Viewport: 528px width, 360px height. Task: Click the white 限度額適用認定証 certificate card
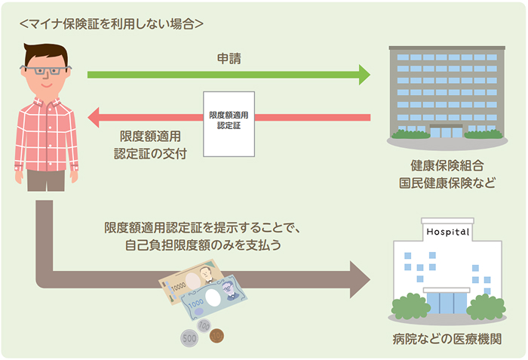229,124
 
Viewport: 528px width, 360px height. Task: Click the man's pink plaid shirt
46,132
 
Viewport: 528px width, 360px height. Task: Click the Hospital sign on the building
447,231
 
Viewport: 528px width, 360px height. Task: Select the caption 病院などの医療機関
447,337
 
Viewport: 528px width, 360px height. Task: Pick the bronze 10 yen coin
216,335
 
